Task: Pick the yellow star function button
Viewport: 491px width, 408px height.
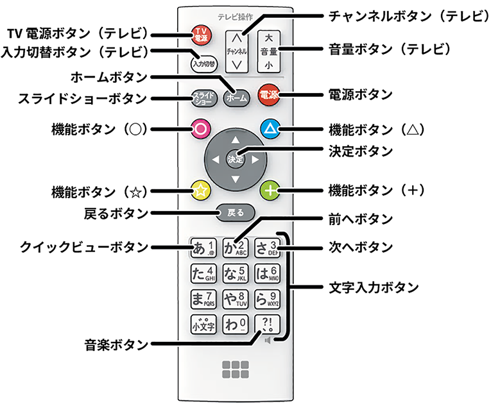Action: [x=201, y=190]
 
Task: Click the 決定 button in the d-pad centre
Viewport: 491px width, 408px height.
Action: [x=236, y=159]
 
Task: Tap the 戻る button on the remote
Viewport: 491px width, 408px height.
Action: [x=235, y=212]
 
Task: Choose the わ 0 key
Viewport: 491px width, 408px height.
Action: [x=235, y=324]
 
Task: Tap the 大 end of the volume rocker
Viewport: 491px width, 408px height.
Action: [x=270, y=36]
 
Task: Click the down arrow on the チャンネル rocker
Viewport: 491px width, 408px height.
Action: [x=237, y=64]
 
